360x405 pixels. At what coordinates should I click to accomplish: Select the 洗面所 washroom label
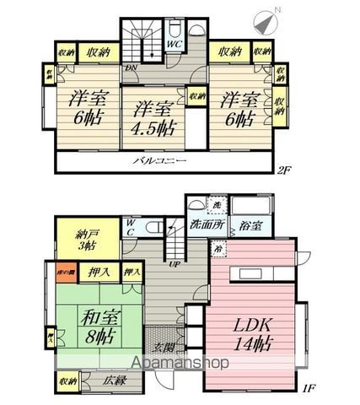[x=207, y=226]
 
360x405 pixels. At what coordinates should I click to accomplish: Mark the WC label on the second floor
[x=172, y=42]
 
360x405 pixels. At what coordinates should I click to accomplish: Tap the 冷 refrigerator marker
[x=195, y=250]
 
